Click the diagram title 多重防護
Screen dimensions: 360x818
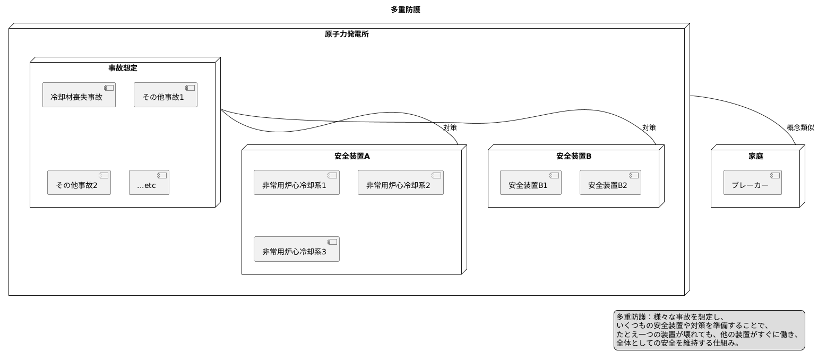tap(405, 10)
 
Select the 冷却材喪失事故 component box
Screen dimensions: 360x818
tap(79, 95)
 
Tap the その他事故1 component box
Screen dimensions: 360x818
tap(165, 95)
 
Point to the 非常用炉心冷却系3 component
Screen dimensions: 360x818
tap(296, 249)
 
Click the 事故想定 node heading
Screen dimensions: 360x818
tap(123, 68)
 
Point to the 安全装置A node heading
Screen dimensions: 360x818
tap(352, 156)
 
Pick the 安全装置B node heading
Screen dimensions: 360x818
tap(574, 156)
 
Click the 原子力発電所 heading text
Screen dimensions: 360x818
tap(347, 34)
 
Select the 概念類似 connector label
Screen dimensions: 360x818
tap(800, 127)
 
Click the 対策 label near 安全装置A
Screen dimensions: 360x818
tap(450, 127)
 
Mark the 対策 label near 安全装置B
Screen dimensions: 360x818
tap(649, 127)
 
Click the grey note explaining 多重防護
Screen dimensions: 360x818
tap(709, 330)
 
